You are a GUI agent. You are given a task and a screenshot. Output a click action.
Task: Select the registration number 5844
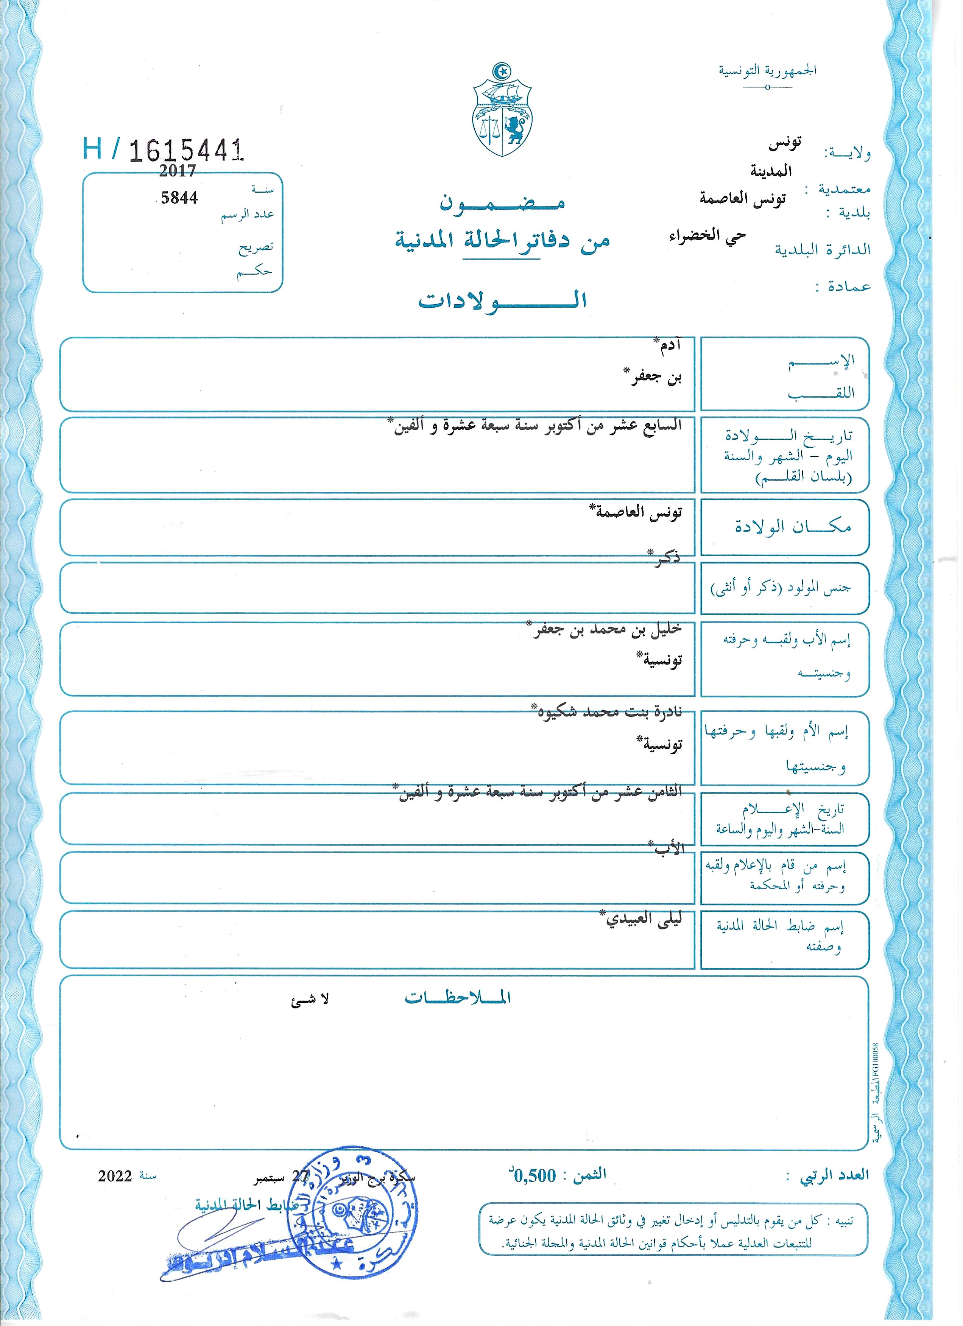(179, 198)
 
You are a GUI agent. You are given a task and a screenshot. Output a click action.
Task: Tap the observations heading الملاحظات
(457, 998)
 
